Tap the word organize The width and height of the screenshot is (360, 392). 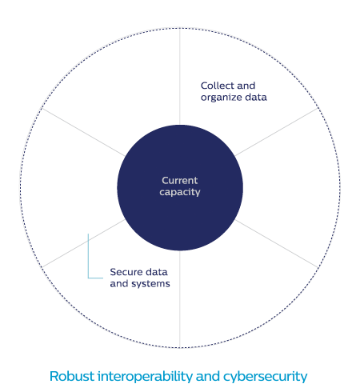tap(222, 98)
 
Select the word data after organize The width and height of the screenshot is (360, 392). tap(256, 97)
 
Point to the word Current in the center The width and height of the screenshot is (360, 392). tap(180, 181)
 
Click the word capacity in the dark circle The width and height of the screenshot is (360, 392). tap(180, 192)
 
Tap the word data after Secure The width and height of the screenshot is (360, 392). tap(157, 272)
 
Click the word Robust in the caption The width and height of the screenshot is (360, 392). tap(72, 376)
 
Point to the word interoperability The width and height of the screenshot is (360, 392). tap(145, 377)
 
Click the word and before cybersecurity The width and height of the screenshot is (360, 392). tap(208, 376)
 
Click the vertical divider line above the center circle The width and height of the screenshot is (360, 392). tap(180, 77)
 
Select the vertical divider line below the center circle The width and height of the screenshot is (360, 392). tap(180, 299)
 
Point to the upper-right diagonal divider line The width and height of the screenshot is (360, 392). tap(277, 132)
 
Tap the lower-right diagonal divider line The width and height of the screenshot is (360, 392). tap(277, 243)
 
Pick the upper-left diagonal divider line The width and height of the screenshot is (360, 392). tap(83, 132)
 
